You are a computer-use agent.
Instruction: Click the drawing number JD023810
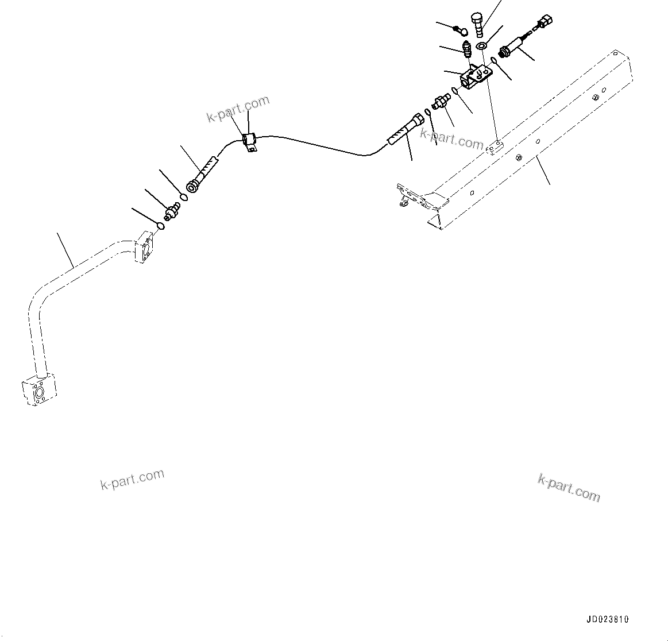(608, 620)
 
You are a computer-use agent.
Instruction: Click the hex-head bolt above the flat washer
(478, 24)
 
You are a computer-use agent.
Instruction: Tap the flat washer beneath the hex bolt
(482, 45)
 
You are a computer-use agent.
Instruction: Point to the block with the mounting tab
(476, 77)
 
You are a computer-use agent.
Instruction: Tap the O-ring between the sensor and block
(494, 61)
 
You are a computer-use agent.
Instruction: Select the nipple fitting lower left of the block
(441, 102)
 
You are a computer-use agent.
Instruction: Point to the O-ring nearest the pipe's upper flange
(161, 226)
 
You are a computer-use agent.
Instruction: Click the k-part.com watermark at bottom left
(133, 480)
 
